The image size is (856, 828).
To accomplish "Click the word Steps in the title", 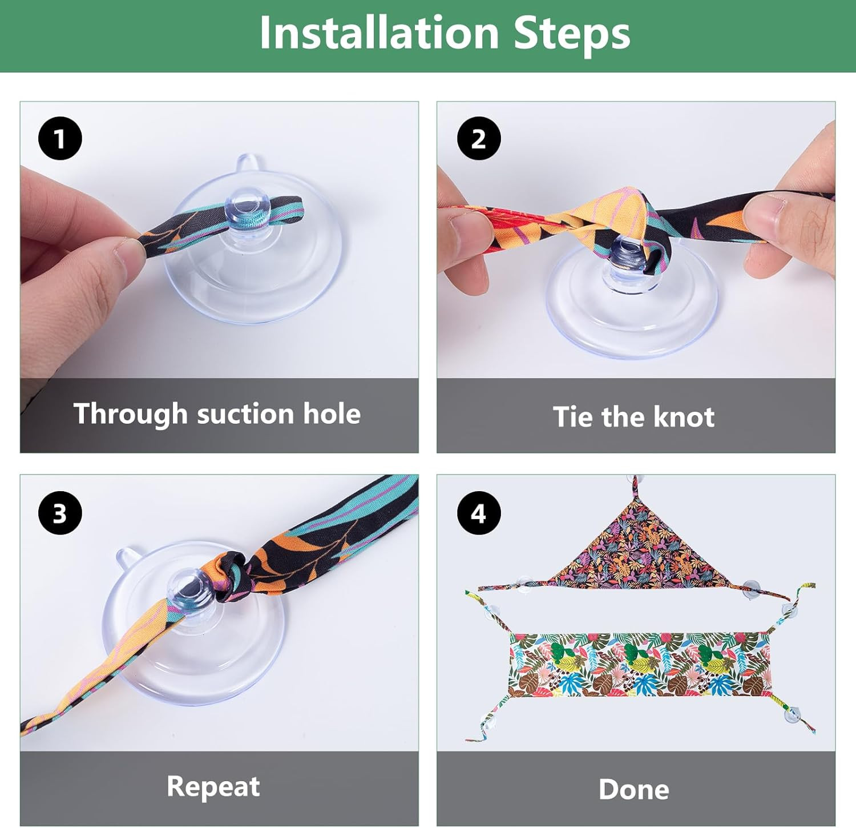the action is tap(572, 34).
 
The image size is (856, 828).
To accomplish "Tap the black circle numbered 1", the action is tap(60, 138).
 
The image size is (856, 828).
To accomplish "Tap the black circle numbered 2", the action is tap(479, 138).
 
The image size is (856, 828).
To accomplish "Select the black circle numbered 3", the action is tap(60, 513).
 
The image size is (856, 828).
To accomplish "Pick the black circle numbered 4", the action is tap(479, 513).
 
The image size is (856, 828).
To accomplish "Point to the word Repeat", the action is tap(213, 787).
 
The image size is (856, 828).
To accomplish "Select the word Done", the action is tap(634, 790).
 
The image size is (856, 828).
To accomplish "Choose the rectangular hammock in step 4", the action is tap(639, 665).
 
